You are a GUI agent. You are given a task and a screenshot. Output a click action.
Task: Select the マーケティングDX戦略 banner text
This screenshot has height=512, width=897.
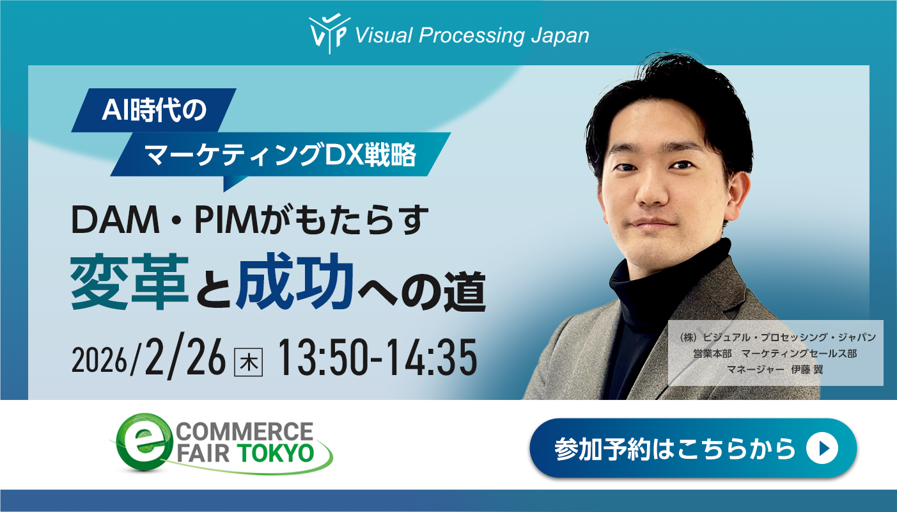tap(281, 154)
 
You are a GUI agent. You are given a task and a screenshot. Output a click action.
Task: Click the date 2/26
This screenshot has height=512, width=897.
tap(185, 358)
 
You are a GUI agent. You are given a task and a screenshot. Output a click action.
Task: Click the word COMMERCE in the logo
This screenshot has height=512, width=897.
tap(269, 430)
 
